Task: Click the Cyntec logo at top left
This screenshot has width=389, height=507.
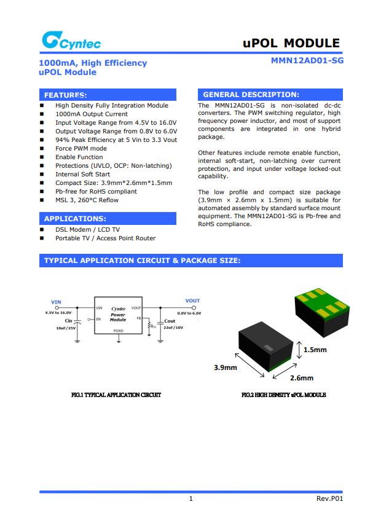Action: [71, 42]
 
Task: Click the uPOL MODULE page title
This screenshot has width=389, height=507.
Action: [291, 43]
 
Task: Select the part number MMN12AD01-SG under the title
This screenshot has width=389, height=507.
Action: [307, 62]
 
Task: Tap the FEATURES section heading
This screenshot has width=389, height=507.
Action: [65, 95]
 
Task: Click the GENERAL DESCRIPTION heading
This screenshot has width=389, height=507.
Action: [251, 95]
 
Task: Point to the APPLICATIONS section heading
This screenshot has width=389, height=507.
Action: [75, 218]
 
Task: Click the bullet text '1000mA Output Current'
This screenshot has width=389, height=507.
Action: [92, 114]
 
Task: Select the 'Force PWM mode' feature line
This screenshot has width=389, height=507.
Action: [81, 149]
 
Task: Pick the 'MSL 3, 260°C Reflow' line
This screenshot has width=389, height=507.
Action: [87, 200]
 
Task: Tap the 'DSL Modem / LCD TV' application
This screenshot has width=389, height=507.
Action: [87, 230]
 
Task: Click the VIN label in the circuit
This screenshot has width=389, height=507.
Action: [56, 302]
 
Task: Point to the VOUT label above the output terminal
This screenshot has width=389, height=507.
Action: [192, 301]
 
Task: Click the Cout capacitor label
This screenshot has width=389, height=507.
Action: [170, 321]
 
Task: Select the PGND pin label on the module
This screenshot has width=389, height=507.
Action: [119, 331]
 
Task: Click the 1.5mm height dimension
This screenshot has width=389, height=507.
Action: [315, 350]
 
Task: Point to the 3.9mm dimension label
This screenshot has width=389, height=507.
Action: [225, 367]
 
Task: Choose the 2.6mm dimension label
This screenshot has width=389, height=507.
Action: [301, 378]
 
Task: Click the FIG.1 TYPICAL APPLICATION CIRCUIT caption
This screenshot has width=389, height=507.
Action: [116, 395]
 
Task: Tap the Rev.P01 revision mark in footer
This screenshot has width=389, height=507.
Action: [329, 498]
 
